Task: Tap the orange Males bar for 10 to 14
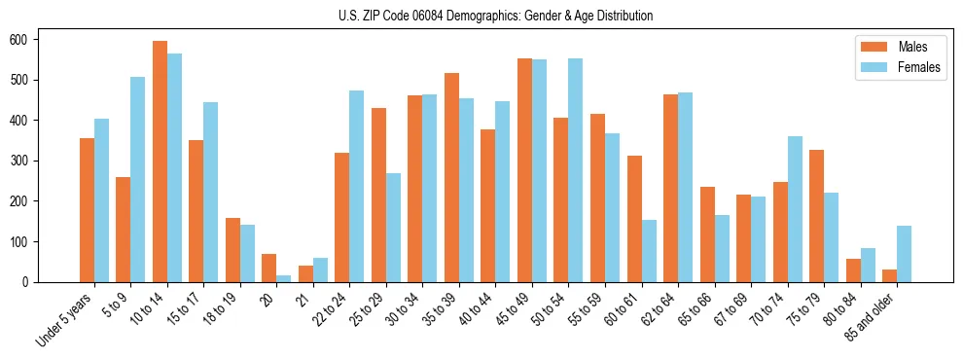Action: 160,162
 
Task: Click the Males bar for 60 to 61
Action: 634,219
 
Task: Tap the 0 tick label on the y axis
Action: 27,282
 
